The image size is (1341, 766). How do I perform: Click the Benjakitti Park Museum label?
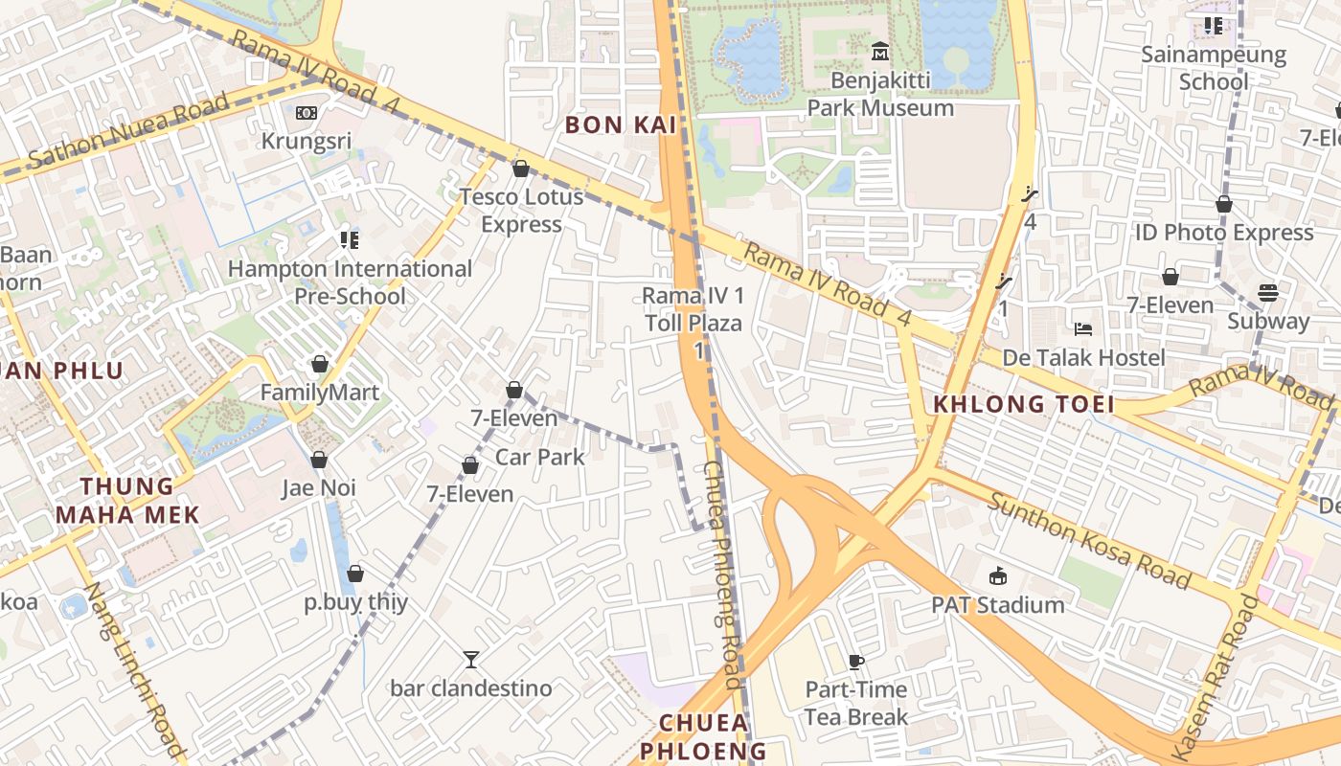click(880, 94)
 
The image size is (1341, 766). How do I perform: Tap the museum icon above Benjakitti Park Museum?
click(880, 51)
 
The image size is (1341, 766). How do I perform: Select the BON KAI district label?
click(621, 124)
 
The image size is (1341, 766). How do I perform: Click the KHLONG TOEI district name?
click(1024, 404)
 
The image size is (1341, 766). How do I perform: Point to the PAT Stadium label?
click(998, 605)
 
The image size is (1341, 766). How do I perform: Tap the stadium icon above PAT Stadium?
click(998, 575)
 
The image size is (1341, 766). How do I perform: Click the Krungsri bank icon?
click(307, 113)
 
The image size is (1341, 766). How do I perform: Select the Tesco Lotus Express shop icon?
click(521, 169)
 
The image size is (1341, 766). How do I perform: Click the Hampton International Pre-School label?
click(350, 282)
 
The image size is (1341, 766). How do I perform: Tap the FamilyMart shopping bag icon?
click(319, 365)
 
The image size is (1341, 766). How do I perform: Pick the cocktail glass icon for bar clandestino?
click(470, 659)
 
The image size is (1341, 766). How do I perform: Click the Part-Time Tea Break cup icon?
click(856, 661)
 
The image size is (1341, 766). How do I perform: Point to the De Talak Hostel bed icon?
click(1083, 329)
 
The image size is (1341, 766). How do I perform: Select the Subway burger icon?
click(1268, 292)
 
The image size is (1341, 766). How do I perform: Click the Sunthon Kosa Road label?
click(1090, 540)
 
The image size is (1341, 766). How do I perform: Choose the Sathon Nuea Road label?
click(129, 132)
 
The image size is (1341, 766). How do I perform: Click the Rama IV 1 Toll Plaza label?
click(693, 309)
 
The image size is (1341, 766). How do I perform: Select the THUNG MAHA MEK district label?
click(127, 501)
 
